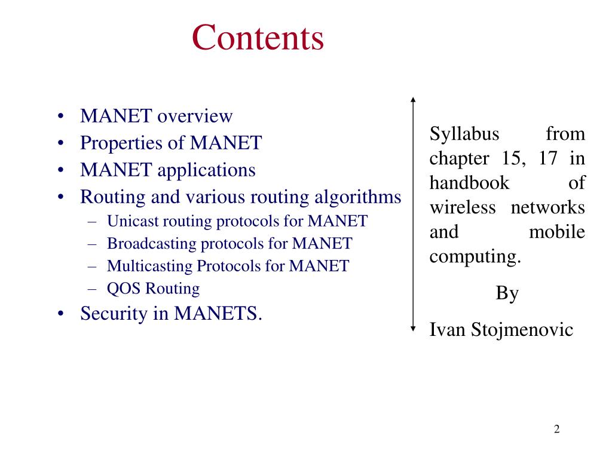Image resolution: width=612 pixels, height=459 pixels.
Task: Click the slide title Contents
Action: (x=258, y=37)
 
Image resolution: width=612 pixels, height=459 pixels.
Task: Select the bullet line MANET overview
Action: (x=156, y=116)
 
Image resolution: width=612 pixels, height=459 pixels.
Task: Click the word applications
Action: (x=206, y=170)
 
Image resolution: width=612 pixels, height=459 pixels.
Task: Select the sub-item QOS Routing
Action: (x=153, y=289)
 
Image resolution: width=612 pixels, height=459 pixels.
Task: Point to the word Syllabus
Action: (x=464, y=134)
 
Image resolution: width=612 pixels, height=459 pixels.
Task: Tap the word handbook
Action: (x=469, y=183)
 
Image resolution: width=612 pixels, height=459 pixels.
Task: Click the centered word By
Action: (x=507, y=293)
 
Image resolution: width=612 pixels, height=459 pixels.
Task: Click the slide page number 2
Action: (x=556, y=429)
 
